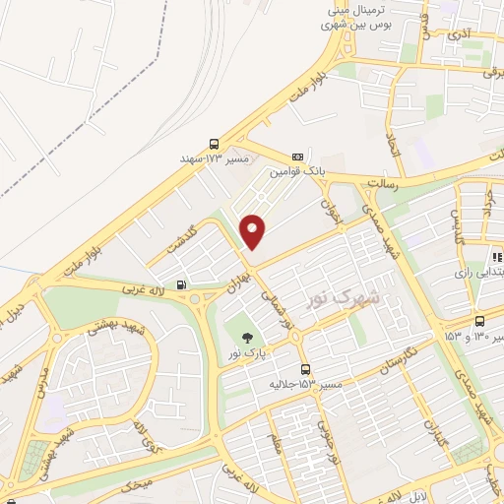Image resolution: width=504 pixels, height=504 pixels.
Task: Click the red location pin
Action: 253,230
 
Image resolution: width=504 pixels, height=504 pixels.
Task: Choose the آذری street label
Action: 459,34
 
